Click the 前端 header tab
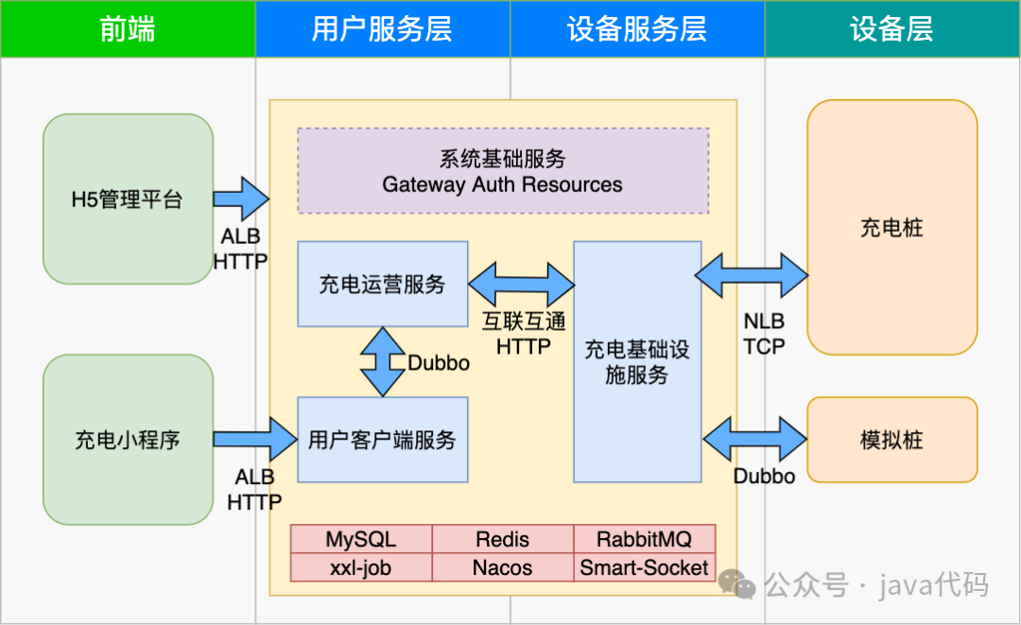[x=128, y=29]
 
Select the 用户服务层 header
[x=382, y=29]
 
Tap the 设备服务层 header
[x=637, y=29]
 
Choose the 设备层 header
[x=891, y=29]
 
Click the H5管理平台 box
[x=128, y=200]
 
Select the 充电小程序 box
[x=128, y=440]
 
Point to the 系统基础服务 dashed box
[x=503, y=171]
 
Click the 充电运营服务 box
[x=382, y=284]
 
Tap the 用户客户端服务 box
[x=382, y=440]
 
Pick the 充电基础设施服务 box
[x=637, y=362]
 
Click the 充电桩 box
[x=891, y=228]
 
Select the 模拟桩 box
[x=891, y=440]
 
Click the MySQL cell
[x=361, y=540]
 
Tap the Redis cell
[x=503, y=540]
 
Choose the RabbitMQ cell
[x=644, y=540]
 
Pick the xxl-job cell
[x=361, y=568]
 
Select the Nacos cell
[x=503, y=568]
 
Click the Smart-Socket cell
[x=644, y=568]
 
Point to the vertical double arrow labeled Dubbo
[x=382, y=362]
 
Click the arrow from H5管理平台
[x=240, y=199]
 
